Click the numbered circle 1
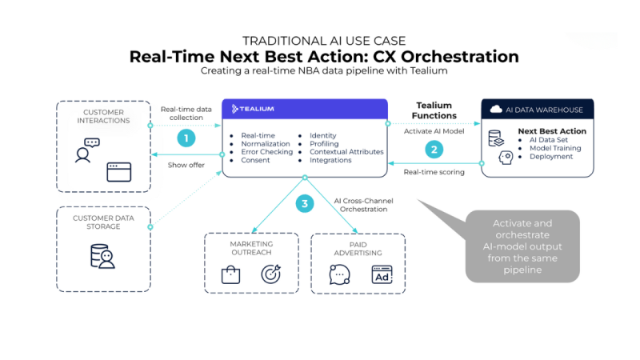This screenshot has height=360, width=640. (186, 138)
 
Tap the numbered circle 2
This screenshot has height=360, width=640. (434, 148)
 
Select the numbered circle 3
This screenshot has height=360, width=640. (304, 204)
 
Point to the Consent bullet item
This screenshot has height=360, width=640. (254, 160)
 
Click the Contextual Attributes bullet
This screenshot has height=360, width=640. (346, 151)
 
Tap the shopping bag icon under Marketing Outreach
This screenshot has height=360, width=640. (231, 275)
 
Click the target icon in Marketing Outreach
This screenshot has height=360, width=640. (270, 274)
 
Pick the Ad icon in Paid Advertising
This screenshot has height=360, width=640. (382, 276)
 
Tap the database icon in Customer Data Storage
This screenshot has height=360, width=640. (102, 255)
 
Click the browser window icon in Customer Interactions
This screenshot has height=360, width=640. (118, 172)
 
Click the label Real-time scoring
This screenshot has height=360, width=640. (434, 172)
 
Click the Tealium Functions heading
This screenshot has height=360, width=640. (434, 110)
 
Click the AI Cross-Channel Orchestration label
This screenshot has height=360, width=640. (364, 204)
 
